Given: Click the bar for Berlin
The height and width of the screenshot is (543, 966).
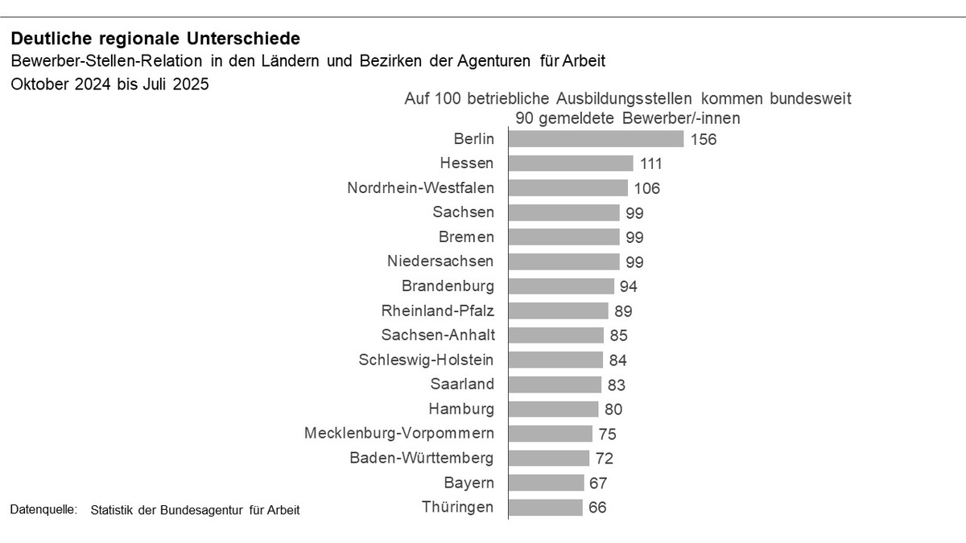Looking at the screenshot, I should pyautogui.click(x=596, y=138).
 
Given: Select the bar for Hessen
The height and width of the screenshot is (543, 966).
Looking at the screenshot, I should pyautogui.click(x=571, y=163).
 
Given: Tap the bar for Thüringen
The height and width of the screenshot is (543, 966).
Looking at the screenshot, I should pyautogui.click(x=545, y=508).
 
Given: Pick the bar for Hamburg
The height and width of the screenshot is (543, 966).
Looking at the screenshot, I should pyautogui.click(x=553, y=409).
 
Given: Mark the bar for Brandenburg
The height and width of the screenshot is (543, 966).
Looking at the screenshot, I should pyautogui.click(x=561, y=286).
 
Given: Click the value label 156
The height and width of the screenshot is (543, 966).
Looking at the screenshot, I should pyautogui.click(x=703, y=139).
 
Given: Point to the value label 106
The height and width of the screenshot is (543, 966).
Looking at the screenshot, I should pyautogui.click(x=646, y=188).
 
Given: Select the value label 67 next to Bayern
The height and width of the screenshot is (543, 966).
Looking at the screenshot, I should pyautogui.click(x=597, y=483).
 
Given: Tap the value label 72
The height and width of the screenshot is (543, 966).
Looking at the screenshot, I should pyautogui.click(x=605, y=459).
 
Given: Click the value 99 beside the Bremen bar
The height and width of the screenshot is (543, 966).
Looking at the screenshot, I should pyautogui.click(x=634, y=237).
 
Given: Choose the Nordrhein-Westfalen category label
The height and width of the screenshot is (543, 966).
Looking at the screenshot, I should pyautogui.click(x=421, y=187).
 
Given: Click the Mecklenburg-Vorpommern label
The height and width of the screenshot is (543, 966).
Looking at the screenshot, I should pyautogui.click(x=399, y=434).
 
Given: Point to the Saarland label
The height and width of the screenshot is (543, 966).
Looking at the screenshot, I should pyautogui.click(x=462, y=385).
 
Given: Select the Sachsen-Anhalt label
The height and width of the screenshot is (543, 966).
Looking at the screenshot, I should pyautogui.click(x=438, y=335).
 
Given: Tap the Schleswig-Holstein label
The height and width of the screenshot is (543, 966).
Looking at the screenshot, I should pyautogui.click(x=427, y=360).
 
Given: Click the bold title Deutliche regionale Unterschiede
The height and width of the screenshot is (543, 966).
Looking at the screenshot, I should pyautogui.click(x=155, y=39).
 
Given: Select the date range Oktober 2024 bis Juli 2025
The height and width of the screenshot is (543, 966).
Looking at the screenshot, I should pyautogui.click(x=109, y=84).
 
